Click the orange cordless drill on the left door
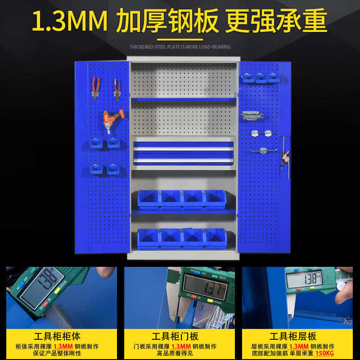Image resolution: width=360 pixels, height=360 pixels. [112, 121]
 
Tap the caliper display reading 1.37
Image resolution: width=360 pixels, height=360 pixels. [206, 287]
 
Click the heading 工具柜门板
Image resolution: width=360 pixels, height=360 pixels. [175, 336]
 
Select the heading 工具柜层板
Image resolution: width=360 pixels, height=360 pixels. [293, 336]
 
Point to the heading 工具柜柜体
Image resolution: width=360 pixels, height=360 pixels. [57, 336]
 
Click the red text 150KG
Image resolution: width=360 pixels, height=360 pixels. [324, 353]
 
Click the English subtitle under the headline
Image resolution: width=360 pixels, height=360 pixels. [180, 47]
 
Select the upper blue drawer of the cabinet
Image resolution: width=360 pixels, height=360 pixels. [184, 146]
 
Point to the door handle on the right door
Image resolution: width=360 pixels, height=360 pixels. [285, 158]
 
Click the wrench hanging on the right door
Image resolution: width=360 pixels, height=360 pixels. [252, 115]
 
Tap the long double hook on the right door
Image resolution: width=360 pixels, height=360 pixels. [263, 151]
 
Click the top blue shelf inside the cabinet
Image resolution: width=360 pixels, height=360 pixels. [184, 99]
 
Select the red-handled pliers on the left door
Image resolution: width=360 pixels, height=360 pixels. [95, 88]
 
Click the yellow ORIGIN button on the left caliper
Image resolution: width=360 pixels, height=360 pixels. [57, 291]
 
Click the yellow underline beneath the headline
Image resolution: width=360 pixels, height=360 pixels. [180, 40]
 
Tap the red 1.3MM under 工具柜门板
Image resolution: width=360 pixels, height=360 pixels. [181, 346]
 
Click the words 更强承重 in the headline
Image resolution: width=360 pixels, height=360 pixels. [276, 21]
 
